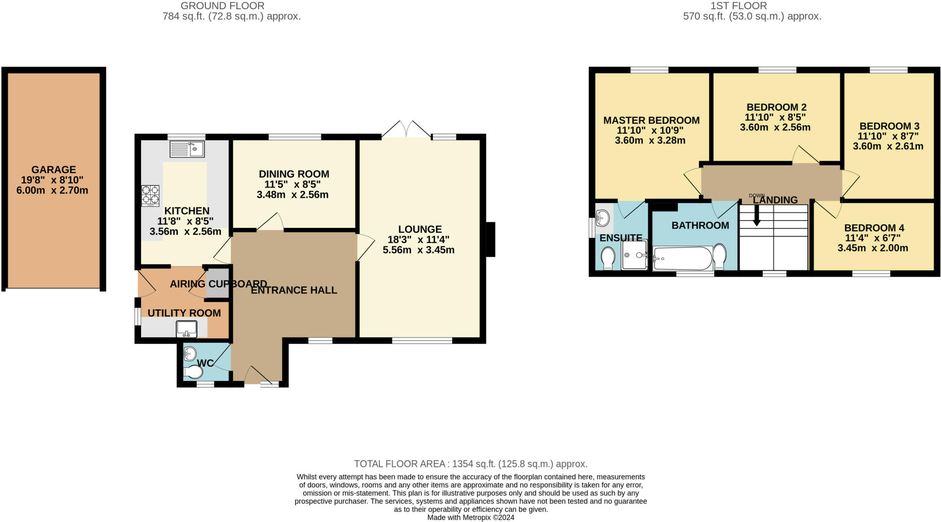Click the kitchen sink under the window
click(x=187, y=149)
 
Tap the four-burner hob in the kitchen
click(x=150, y=195)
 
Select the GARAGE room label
click(x=53, y=170)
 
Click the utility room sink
click(x=186, y=329)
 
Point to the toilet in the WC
click(x=193, y=373)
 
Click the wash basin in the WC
click(x=190, y=353)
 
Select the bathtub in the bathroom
click(x=682, y=259)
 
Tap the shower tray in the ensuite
click(x=634, y=255)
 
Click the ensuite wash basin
click(x=603, y=216)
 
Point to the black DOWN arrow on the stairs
click(x=756, y=216)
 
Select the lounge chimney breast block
click(x=491, y=239)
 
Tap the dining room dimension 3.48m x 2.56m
click(x=293, y=194)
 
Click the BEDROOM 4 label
click(x=874, y=228)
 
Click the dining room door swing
click(x=271, y=222)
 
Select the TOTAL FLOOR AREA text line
click(x=470, y=464)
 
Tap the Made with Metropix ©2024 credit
click(x=470, y=517)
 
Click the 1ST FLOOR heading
click(x=738, y=6)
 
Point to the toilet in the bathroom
click(x=720, y=256)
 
